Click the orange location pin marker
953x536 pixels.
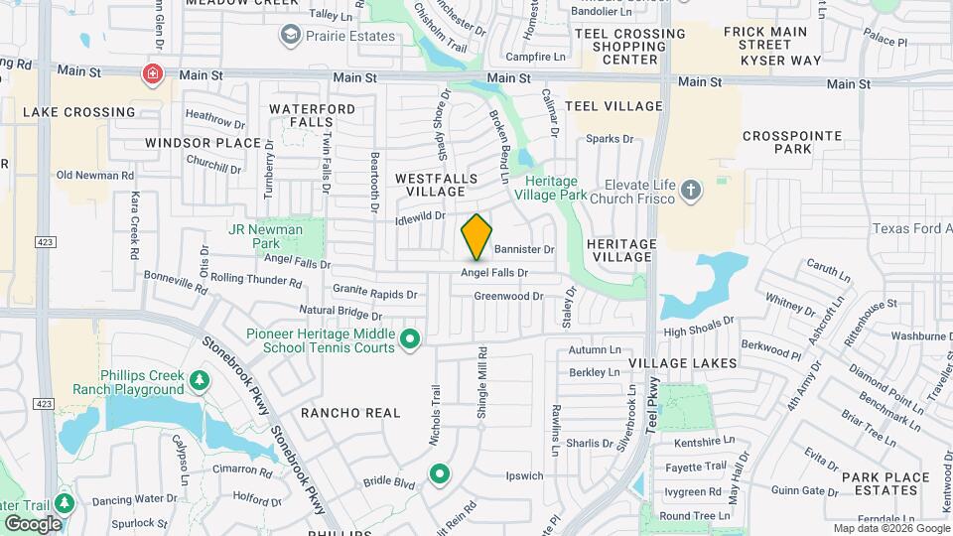point(477,236)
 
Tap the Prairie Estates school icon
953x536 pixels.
point(291,37)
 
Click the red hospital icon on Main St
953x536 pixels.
point(152,73)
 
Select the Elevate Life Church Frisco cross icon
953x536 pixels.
point(692,189)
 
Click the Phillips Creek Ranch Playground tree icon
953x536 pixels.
point(200,380)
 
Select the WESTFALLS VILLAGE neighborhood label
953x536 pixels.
point(437,184)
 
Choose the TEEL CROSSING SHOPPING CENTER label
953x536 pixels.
point(629,47)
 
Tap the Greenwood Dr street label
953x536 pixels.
point(508,296)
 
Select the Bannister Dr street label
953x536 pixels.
point(523,249)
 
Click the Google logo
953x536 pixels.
point(33,523)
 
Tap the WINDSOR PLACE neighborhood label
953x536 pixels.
point(203,143)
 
